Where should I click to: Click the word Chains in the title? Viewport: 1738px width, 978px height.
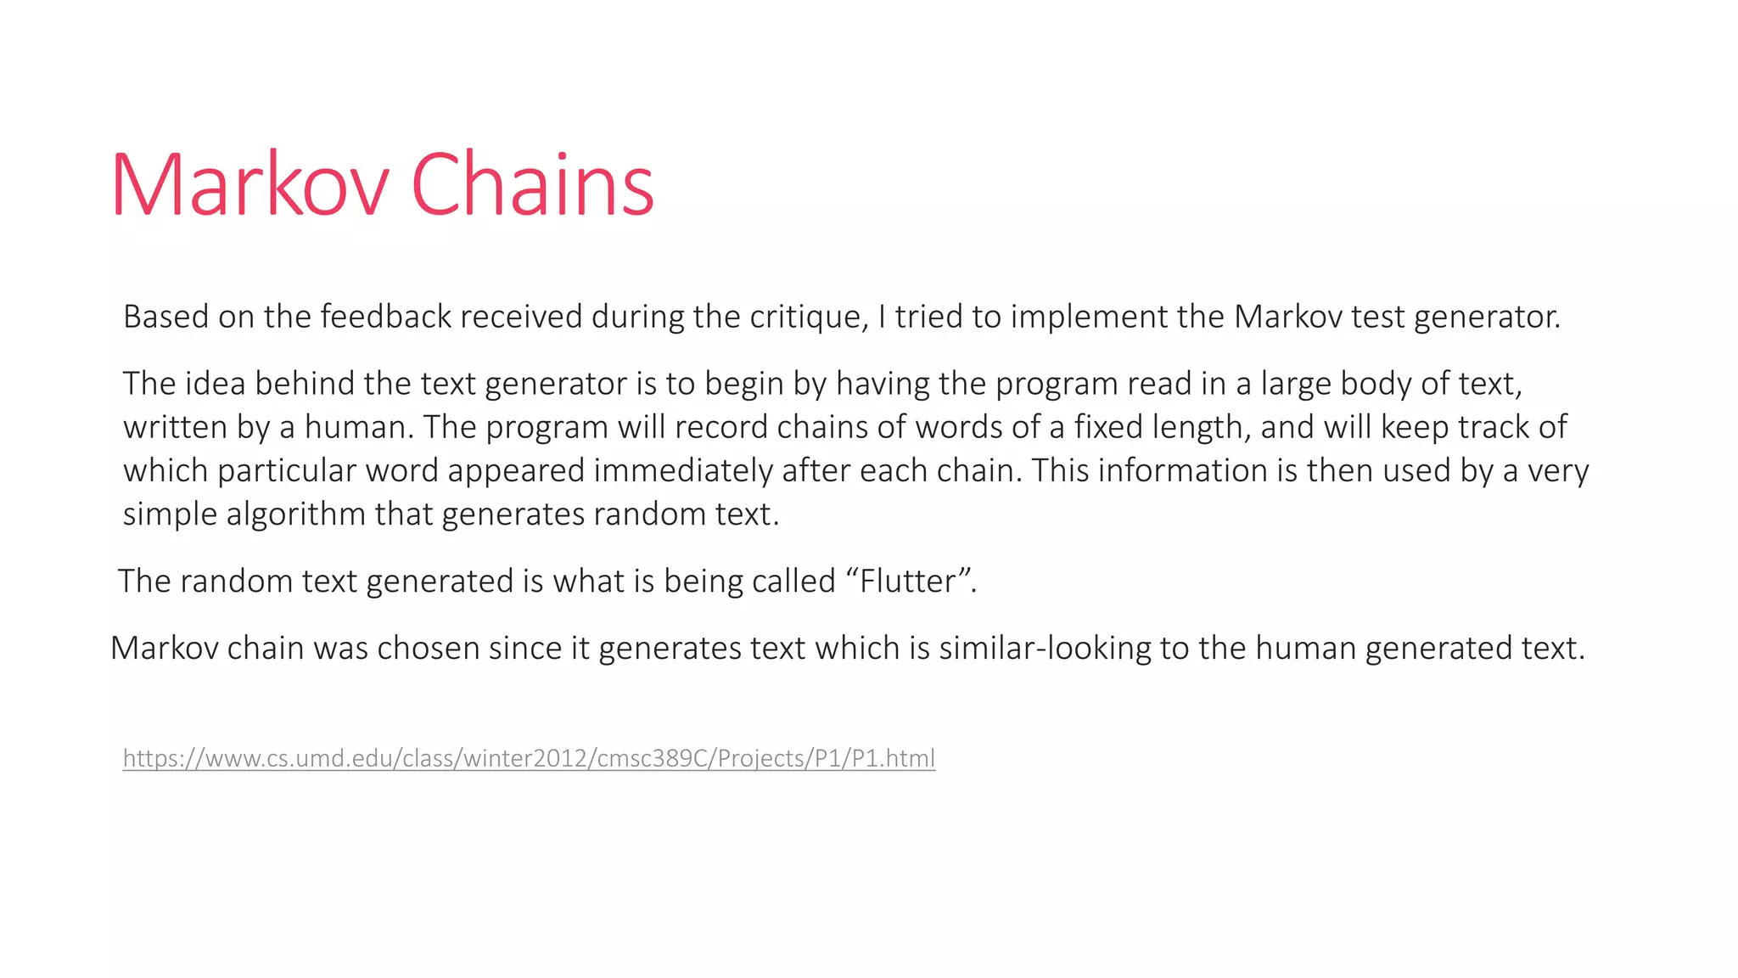tap(532, 185)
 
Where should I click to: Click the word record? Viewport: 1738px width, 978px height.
tap(721, 427)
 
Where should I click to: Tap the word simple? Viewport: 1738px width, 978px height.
tap(170, 514)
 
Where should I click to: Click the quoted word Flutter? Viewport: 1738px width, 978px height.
tap(908, 582)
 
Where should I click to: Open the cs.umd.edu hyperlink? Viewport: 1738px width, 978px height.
tap(529, 758)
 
